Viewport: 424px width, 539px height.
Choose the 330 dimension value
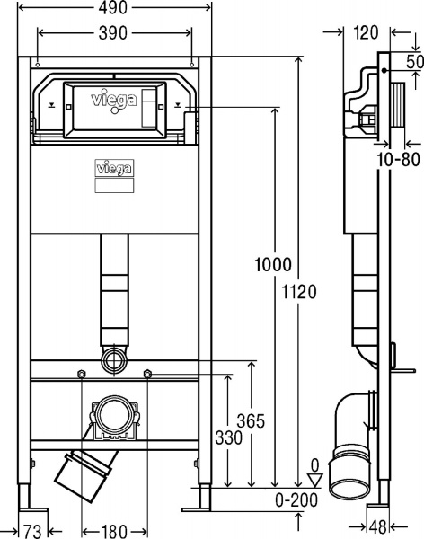[x=227, y=437]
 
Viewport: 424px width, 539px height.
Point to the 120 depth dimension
[x=364, y=32]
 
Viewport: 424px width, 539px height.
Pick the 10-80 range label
[x=398, y=160]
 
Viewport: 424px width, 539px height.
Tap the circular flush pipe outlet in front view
[x=114, y=362]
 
